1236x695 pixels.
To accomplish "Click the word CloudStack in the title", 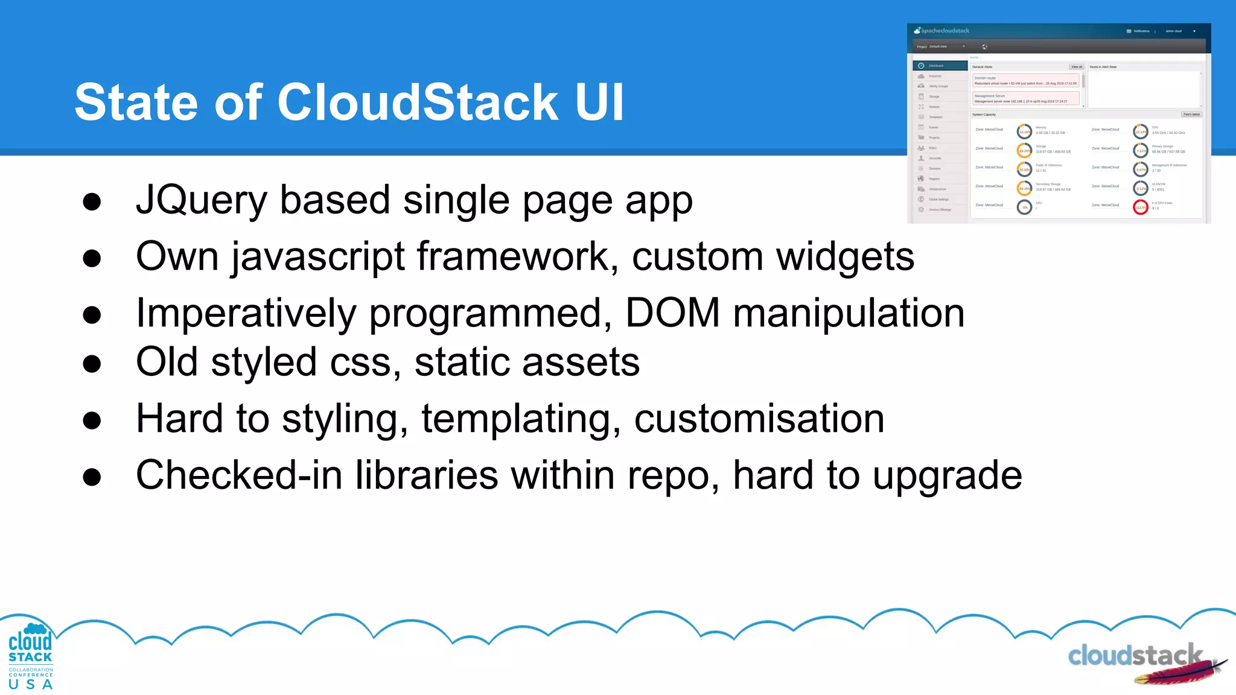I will pyautogui.click(x=418, y=103).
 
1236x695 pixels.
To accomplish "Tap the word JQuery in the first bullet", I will pyautogui.click(x=201, y=200).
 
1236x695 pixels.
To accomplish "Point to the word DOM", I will pyautogui.click(x=672, y=313).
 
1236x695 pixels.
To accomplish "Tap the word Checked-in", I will pyautogui.click(x=239, y=475).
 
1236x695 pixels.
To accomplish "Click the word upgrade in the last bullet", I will pyautogui.click(x=948, y=475).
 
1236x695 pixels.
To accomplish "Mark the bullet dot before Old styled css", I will pyautogui.click(x=92, y=364).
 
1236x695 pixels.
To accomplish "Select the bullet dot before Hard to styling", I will pyautogui.click(x=92, y=420).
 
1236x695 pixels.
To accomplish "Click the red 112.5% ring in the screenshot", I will pyautogui.click(x=1141, y=208).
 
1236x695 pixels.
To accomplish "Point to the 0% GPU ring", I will pyautogui.click(x=1025, y=208).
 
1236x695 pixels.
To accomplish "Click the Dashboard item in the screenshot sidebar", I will pyautogui.click(x=940, y=66).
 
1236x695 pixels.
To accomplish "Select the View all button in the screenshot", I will pyautogui.click(x=1077, y=67).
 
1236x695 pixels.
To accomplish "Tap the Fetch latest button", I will pyautogui.click(x=1191, y=114).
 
